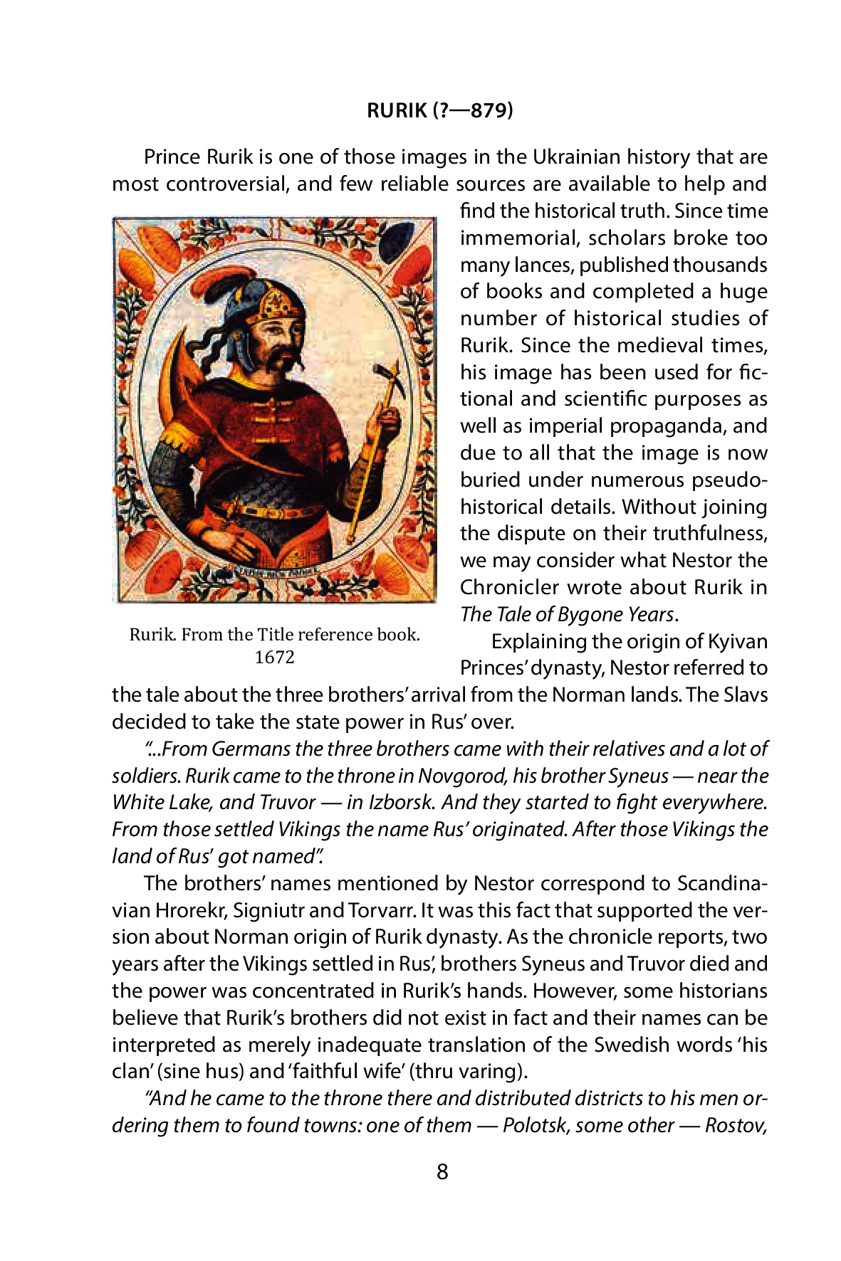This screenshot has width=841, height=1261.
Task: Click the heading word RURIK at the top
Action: (397, 111)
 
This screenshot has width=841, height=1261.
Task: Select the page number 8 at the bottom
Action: (442, 1171)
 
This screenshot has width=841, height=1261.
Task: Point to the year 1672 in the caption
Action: (274, 657)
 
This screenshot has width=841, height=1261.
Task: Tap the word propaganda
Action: (664, 426)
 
